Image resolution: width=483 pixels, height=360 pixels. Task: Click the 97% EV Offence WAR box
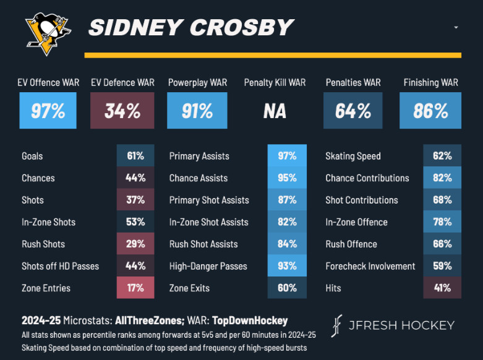click(x=48, y=111)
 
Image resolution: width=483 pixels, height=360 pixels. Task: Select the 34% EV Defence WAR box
click(x=122, y=111)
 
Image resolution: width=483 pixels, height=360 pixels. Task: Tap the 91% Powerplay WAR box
click(x=197, y=111)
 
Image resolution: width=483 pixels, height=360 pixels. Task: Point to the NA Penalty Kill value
click(x=275, y=111)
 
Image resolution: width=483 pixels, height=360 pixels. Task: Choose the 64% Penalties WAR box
click(x=353, y=111)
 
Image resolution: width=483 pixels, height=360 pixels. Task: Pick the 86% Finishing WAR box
click(x=430, y=111)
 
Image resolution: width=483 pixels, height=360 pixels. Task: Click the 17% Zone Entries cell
click(x=135, y=288)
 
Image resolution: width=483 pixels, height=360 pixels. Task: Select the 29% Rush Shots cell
click(x=135, y=244)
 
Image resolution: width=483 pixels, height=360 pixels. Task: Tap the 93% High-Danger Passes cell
click(x=287, y=266)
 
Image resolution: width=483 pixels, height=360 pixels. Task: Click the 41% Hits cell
click(x=442, y=288)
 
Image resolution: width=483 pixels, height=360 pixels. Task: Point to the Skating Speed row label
click(x=353, y=156)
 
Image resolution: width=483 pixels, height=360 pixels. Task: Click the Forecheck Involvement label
click(x=370, y=266)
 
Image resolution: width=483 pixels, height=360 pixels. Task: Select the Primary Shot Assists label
click(x=209, y=200)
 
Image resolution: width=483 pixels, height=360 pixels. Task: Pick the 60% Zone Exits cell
click(x=287, y=288)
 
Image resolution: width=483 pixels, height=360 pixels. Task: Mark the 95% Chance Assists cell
click(x=287, y=178)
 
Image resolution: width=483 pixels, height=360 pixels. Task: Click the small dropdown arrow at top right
click(x=456, y=28)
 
